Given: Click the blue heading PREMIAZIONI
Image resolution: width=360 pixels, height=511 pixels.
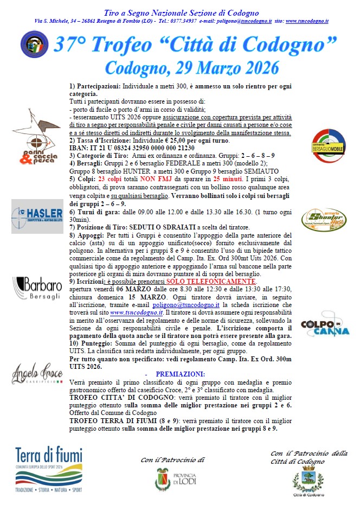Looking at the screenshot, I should [x=180, y=374].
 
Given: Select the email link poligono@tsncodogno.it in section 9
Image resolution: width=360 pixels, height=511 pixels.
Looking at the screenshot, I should [x=212, y=305].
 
